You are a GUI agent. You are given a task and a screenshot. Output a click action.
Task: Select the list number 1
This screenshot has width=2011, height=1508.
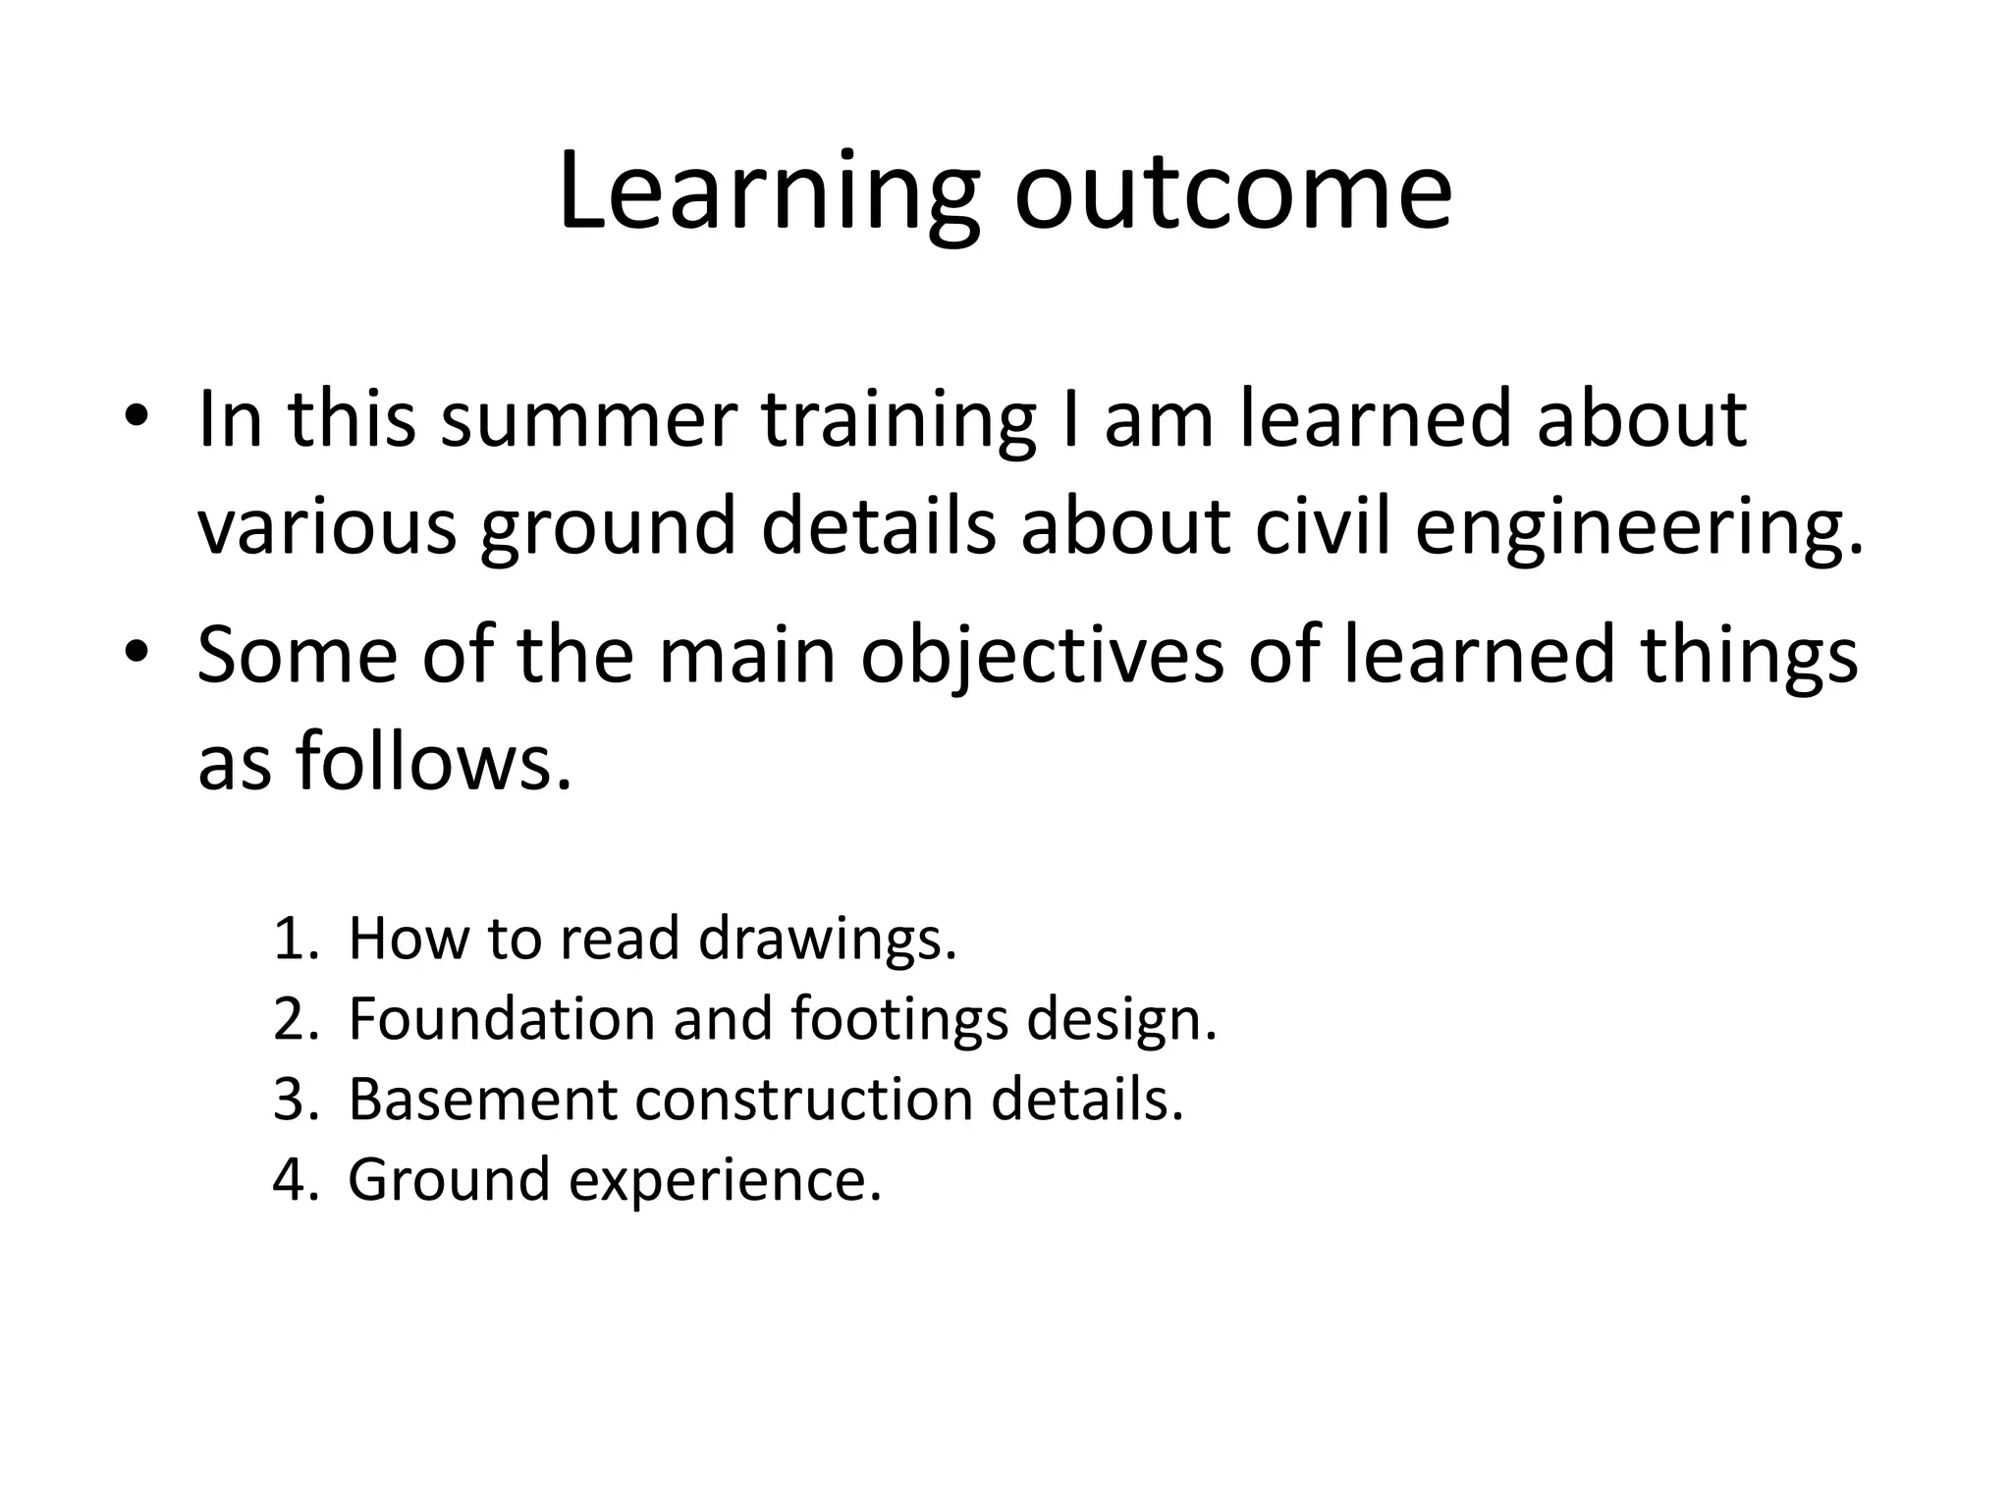[295, 939]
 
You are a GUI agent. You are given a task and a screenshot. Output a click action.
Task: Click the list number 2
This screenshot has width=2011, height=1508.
[295, 1019]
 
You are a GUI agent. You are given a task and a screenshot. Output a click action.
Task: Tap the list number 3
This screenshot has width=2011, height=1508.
[295, 1100]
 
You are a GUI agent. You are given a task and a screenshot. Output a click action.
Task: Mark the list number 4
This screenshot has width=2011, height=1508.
[295, 1179]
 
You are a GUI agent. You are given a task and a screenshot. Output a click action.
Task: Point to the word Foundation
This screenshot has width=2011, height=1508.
[501, 1019]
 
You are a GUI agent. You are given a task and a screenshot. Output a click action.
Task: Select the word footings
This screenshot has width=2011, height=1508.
[898, 1021]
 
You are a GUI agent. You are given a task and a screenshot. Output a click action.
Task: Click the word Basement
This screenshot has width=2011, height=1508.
[482, 1100]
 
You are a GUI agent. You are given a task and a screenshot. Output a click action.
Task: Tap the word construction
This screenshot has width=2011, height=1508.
[803, 1100]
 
